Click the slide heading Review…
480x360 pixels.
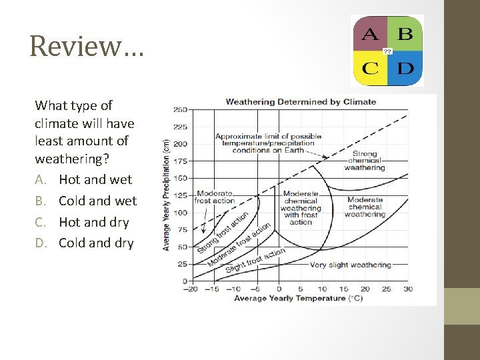point(86,46)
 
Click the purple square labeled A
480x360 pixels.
point(370,33)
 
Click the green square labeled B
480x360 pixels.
point(405,33)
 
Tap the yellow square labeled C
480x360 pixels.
point(370,68)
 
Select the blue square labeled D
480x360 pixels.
point(405,68)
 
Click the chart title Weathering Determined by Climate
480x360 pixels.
point(301,102)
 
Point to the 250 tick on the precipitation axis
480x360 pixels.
point(180,109)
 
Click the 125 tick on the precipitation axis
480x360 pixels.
point(180,195)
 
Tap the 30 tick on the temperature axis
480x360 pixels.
point(408,289)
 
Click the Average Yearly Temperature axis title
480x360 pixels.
point(299,298)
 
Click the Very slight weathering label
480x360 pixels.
point(350,265)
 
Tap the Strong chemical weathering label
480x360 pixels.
point(365,161)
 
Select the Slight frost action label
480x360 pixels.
point(255,260)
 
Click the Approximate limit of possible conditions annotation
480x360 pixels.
point(268,143)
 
